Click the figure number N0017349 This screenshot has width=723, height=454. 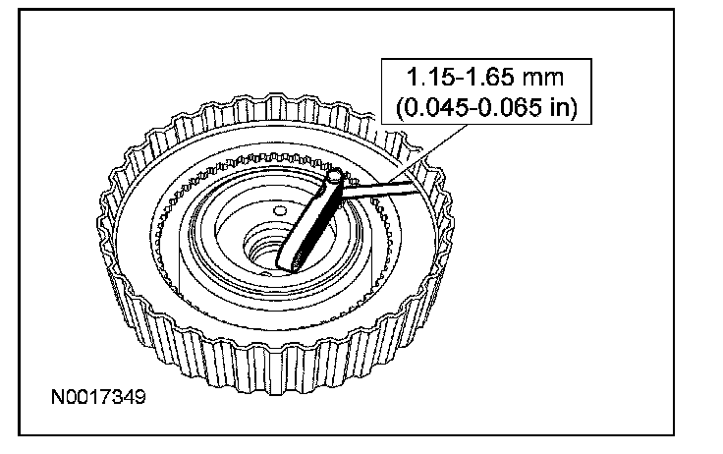98,397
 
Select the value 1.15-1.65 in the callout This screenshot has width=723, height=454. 460,77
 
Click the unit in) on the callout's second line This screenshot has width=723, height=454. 564,107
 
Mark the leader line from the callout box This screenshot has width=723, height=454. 427,153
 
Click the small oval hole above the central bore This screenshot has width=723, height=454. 280,211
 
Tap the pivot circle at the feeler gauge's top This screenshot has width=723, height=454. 335,176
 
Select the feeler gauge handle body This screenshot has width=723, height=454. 309,221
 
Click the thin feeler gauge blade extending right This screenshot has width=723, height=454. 380,189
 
